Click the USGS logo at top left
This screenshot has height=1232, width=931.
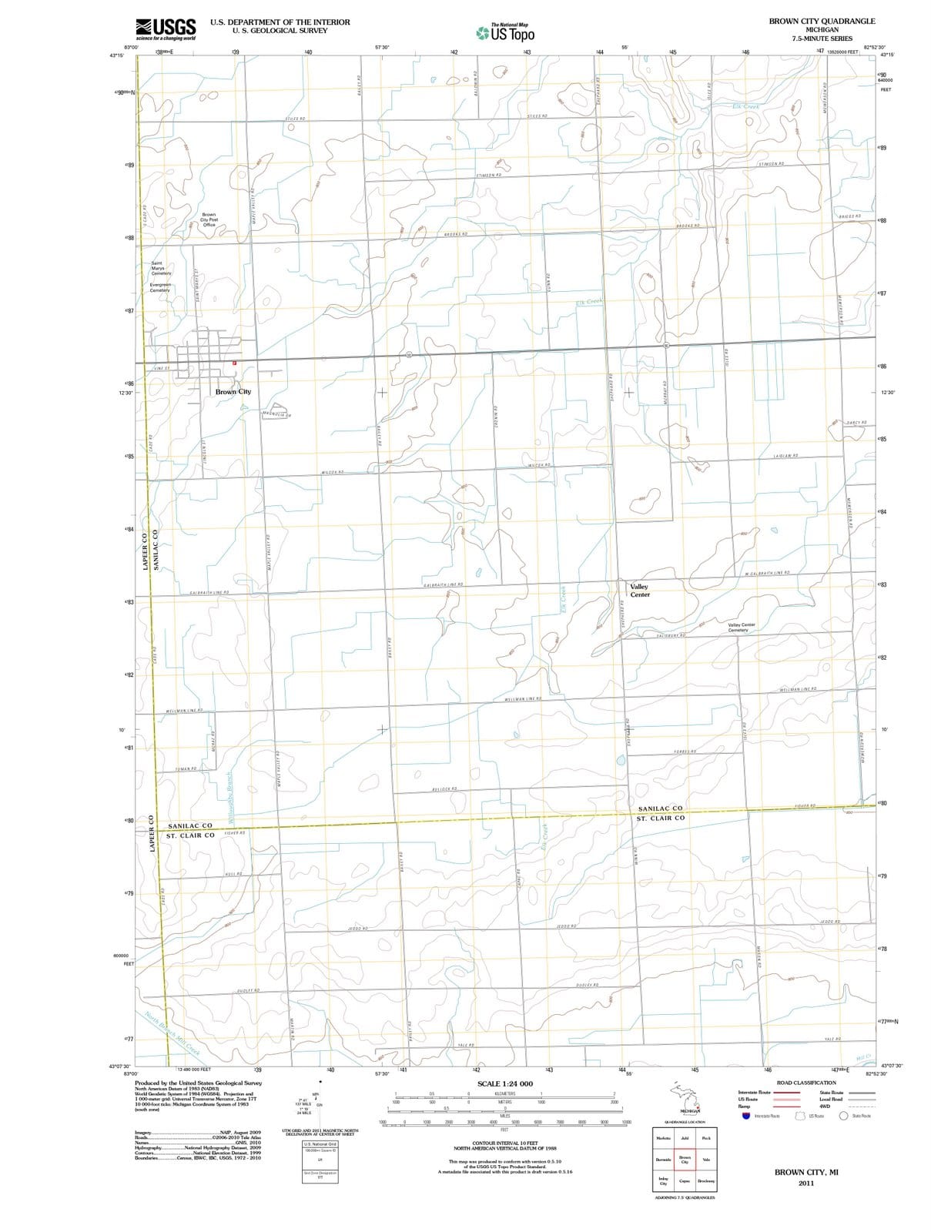tap(165, 28)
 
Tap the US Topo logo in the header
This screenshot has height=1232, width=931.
tap(505, 33)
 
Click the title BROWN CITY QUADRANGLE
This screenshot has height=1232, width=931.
tap(822, 22)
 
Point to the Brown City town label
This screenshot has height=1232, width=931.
tap(233, 392)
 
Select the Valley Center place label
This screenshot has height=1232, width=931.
tap(640, 591)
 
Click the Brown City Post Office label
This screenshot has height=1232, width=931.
tap(209, 220)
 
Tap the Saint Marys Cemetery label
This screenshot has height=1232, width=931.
tap(161, 268)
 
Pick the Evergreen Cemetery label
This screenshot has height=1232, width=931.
tap(159, 287)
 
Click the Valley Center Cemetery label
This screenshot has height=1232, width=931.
tap(741, 628)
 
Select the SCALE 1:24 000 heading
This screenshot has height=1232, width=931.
tap(505, 1083)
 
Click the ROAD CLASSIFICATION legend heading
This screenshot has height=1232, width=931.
tap(806, 1083)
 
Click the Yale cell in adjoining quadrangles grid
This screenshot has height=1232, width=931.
tap(706, 1160)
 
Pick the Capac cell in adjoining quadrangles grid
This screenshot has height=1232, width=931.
tap(685, 1181)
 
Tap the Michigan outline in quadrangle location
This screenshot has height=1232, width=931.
tap(685, 1097)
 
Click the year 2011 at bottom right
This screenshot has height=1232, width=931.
tap(806, 1183)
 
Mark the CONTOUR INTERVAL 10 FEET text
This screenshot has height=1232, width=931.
tap(504, 1143)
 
